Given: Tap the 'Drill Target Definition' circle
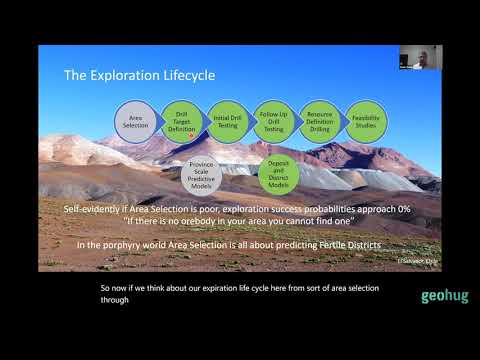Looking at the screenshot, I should [x=181, y=120].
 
